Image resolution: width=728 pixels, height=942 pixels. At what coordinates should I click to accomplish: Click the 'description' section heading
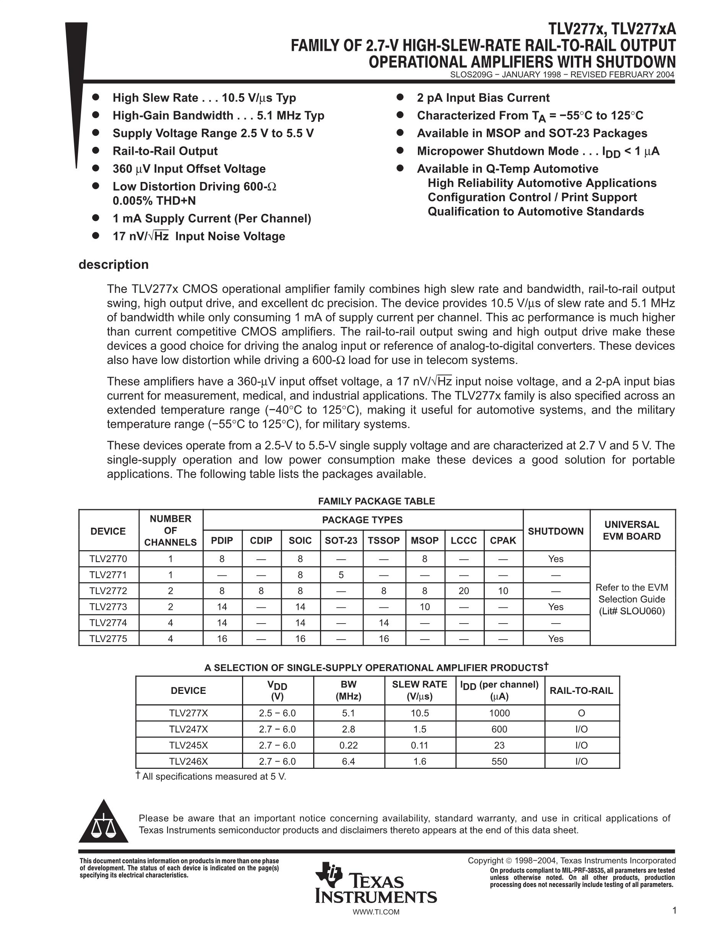114,265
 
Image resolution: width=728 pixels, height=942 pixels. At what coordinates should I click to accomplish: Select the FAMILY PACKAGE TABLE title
376,501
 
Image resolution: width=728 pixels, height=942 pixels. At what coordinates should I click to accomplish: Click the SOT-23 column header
341,541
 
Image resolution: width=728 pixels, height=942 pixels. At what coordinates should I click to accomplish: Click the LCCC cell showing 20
464,591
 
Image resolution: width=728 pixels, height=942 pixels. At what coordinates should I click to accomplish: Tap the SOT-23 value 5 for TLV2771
341,575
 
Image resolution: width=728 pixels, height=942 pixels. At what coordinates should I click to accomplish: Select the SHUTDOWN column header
556,531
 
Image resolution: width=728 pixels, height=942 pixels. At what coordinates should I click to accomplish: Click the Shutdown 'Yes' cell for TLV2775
556,639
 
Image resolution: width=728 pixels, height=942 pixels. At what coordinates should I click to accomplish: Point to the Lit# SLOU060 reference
632,611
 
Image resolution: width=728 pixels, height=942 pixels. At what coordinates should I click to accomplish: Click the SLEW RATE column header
419,690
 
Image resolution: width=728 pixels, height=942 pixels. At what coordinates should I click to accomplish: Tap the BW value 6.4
348,761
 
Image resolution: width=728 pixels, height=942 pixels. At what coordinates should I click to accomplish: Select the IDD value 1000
499,713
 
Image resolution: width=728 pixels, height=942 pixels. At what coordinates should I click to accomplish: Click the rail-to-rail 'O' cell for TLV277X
581,713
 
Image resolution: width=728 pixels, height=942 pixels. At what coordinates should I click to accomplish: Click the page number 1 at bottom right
674,911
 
